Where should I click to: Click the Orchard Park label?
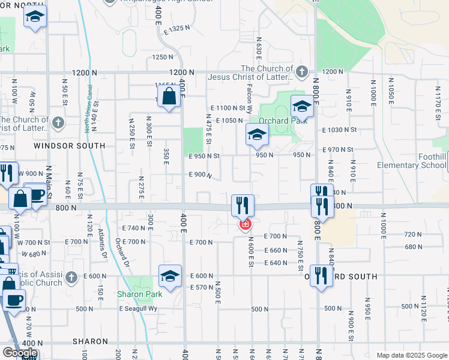click(284, 120)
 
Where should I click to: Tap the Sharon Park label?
click(140, 294)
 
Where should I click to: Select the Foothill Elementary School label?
click(412, 161)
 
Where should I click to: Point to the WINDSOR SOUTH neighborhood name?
click(69, 146)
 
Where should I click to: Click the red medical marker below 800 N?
click(245, 225)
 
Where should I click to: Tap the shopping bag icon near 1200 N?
click(169, 97)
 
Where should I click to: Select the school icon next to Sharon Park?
click(170, 277)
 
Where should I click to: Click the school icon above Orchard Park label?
click(302, 106)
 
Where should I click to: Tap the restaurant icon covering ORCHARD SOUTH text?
click(322, 276)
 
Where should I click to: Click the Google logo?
click(20, 352)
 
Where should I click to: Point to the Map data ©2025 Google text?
click(411, 355)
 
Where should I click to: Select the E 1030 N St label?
click(339, 130)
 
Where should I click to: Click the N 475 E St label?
click(209, 130)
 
